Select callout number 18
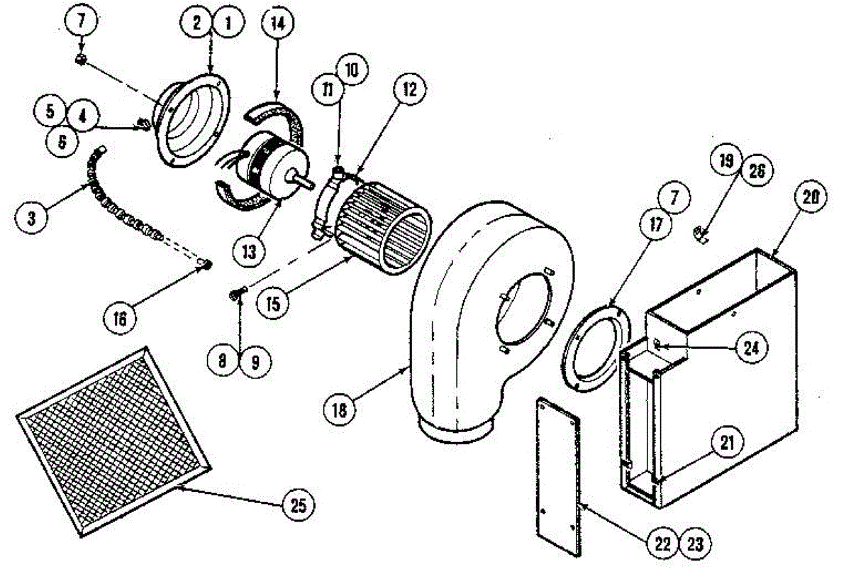click(x=343, y=409)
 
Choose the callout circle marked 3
click(x=31, y=217)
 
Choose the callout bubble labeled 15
click(x=276, y=302)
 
